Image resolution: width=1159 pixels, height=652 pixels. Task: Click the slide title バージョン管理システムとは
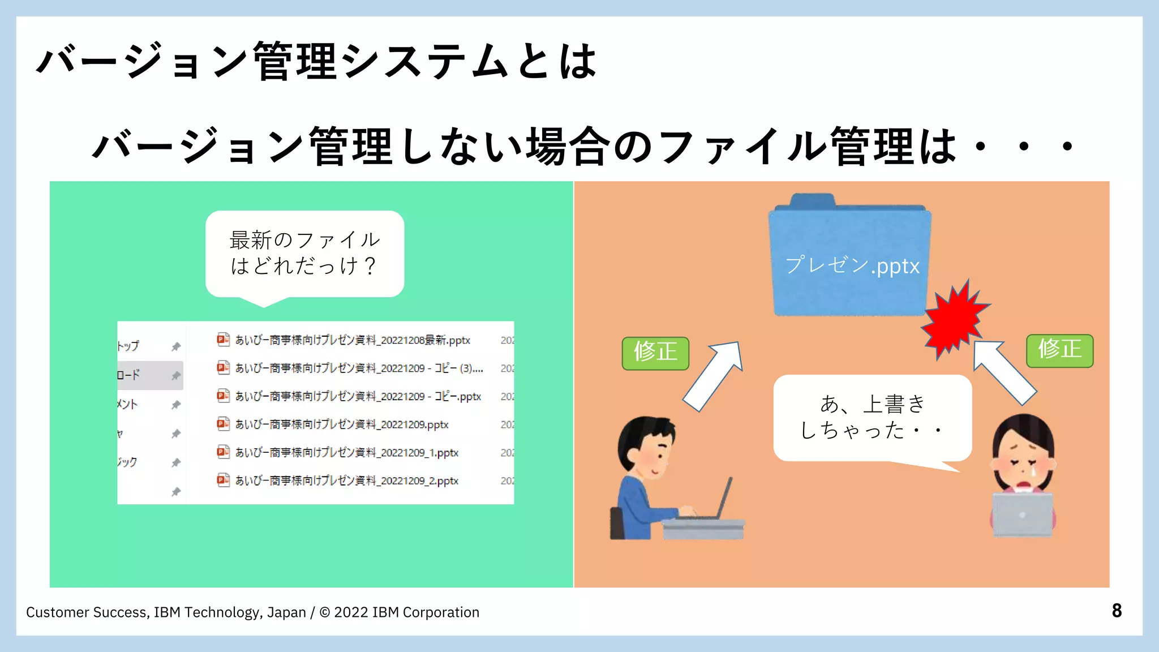pos(317,61)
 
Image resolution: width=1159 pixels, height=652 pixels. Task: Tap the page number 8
pos(1117,611)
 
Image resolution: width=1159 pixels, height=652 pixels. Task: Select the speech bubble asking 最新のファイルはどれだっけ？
pos(304,254)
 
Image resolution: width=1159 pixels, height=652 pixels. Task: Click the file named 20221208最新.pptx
pos(352,340)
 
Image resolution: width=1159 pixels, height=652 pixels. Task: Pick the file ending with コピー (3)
pos(359,368)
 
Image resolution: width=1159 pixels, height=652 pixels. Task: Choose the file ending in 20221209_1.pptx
pos(346,453)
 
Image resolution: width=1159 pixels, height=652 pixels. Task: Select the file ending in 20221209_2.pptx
pos(346,481)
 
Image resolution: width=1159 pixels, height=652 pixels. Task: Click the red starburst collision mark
pos(955,320)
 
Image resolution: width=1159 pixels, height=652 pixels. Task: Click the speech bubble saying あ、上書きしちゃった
pos(872,418)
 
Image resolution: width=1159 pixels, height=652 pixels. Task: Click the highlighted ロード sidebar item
pos(150,375)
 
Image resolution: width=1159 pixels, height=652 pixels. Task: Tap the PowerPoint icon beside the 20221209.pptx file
pos(223,424)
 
